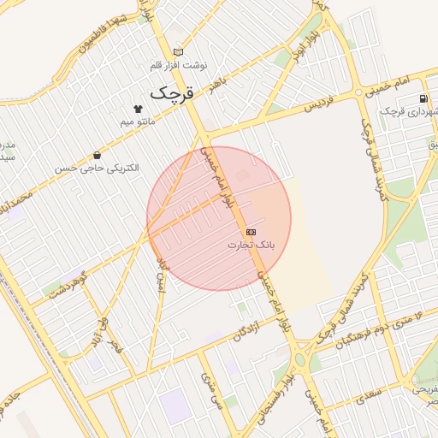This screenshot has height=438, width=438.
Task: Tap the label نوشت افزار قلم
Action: coord(178,65)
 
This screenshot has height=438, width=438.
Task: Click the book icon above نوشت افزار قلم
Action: coord(178,51)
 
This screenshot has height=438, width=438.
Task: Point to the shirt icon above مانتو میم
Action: coord(138,109)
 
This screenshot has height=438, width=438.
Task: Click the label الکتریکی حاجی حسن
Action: coord(97,169)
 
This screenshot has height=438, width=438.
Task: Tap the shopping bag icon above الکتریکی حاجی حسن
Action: coord(97,156)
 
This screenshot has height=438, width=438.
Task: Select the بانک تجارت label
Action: coord(252,246)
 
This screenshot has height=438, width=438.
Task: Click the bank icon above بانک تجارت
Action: coord(251,232)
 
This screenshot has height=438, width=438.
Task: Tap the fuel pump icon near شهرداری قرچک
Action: coord(424,98)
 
